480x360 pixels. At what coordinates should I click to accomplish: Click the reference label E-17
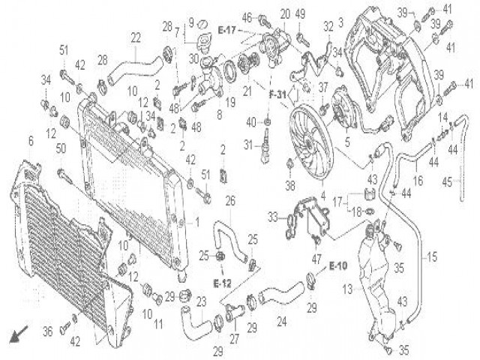[x=227, y=29]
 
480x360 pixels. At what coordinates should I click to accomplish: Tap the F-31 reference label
[x=279, y=95]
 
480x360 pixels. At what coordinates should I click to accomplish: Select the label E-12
[x=221, y=283]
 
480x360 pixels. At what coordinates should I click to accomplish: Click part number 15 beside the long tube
[x=432, y=256]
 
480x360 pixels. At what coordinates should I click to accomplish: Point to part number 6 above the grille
[x=31, y=141]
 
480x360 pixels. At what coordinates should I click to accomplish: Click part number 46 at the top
[x=246, y=17]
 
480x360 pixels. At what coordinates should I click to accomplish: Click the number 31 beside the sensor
[x=247, y=145]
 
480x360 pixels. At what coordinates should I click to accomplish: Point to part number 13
[x=348, y=289]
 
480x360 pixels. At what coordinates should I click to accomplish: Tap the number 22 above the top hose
[x=136, y=37]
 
